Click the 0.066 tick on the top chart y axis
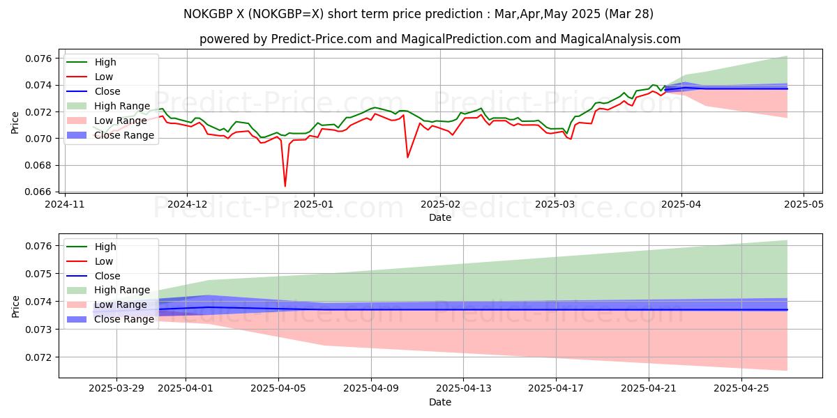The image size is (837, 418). (40, 192)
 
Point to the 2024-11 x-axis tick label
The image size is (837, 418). (65, 206)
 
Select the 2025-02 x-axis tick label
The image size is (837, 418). (440, 206)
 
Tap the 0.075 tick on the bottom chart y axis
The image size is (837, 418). (40, 274)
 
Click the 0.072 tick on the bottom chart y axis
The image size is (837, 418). (40, 357)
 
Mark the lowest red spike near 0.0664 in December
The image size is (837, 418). (285, 186)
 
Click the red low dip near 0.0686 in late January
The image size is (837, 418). (408, 157)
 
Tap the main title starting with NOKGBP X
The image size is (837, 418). (418, 14)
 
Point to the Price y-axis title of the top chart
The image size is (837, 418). (15, 122)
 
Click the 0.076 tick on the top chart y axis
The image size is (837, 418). (40, 58)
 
